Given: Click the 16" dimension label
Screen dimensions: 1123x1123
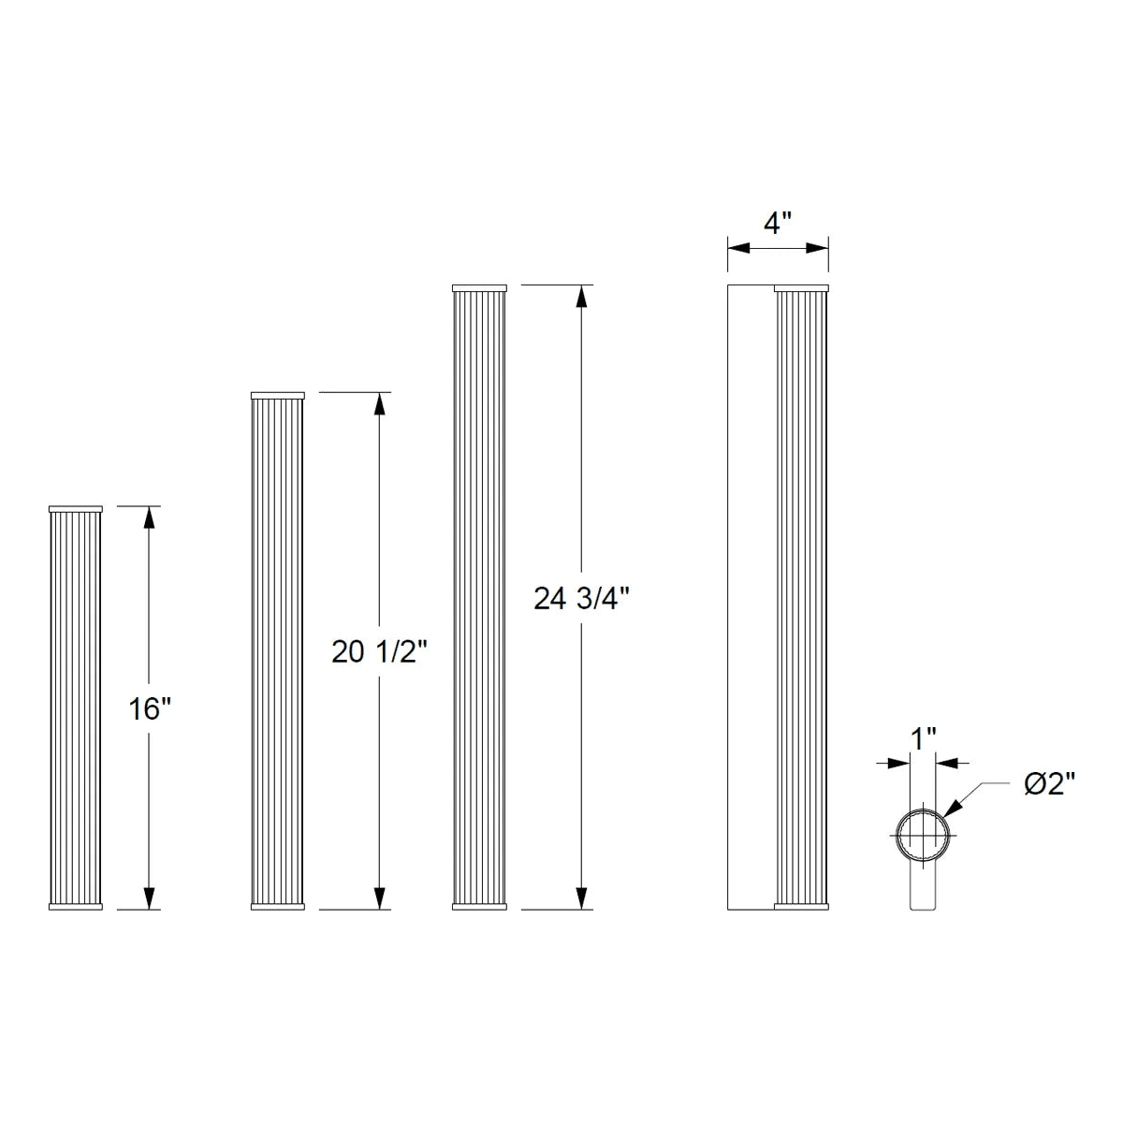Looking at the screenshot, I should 150,708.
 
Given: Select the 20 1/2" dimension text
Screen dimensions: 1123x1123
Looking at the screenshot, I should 379,652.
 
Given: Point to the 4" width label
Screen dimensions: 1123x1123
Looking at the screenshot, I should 777,224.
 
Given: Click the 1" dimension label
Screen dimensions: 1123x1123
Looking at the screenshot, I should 923,738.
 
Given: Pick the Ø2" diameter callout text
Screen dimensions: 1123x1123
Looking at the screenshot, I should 1049,784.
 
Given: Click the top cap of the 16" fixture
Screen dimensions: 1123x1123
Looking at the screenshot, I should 75,509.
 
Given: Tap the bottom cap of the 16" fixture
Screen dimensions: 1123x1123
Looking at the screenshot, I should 75,906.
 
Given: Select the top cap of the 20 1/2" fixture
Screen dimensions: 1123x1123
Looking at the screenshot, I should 278,396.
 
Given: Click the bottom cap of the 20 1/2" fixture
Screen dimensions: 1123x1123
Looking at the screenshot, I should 278,906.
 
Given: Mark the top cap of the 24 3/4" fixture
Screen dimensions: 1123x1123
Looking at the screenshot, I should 479,287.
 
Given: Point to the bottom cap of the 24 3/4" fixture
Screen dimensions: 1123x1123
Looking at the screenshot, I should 479,906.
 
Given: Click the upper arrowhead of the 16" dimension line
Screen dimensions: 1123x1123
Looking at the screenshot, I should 148,517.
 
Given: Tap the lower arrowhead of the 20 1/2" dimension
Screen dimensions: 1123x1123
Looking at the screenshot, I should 379,898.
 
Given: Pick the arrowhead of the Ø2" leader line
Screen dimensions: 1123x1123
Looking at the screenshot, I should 954,810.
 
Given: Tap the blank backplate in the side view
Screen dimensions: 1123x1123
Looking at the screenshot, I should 751,599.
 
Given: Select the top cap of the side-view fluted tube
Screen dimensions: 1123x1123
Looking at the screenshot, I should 801,287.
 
